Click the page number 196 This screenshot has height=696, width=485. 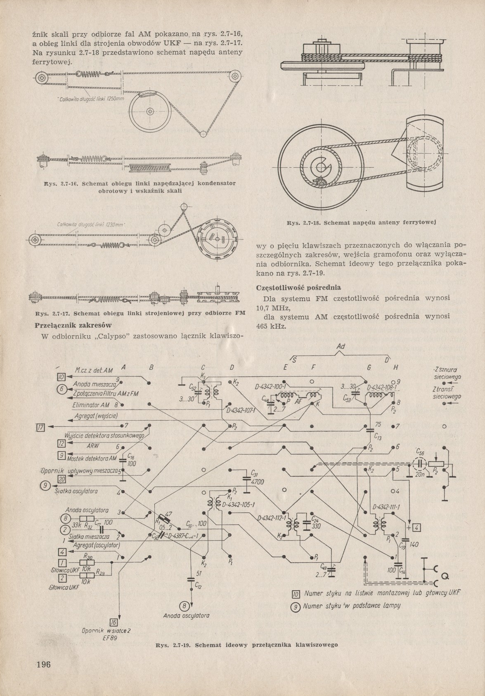[43, 665]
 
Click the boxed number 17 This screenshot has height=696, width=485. [40, 427]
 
